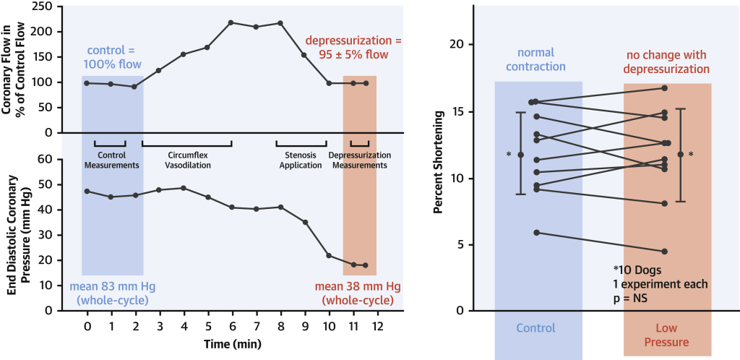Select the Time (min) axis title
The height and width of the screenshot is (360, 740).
point(231,343)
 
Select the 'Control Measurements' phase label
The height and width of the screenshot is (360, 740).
point(111,160)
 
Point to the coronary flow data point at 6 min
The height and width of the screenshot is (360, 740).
point(231,22)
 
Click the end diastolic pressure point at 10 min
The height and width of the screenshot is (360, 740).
point(329,256)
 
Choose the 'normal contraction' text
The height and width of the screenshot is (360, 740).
point(539,61)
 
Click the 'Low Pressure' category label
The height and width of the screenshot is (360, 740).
point(667,335)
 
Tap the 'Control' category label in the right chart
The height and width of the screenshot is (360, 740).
point(535,328)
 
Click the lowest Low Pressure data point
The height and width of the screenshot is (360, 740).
point(665,252)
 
